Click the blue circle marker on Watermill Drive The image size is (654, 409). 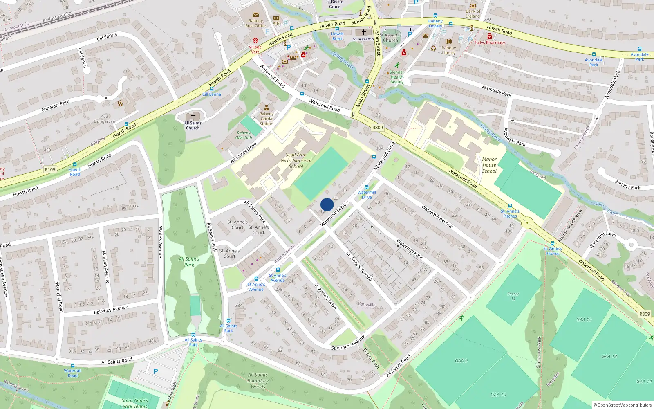pyautogui.click(x=327, y=204)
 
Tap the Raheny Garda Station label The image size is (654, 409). pyautogui.click(x=267, y=119)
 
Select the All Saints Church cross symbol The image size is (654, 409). pyautogui.click(x=193, y=117)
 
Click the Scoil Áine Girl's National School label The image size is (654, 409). pyautogui.click(x=296, y=160)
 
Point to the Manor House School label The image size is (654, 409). pyautogui.click(x=489, y=165)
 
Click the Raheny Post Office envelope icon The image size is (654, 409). pyautogui.click(x=256, y=15)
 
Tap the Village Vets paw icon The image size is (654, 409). pyautogui.click(x=255, y=40)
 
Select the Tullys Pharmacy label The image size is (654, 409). pyautogui.click(x=490, y=43)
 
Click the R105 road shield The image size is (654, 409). pyautogui.click(x=50, y=169)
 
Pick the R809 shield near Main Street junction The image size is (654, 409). pyautogui.click(x=378, y=128)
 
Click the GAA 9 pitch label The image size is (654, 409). pyautogui.click(x=461, y=361)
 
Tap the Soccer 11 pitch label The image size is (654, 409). pyautogui.click(x=513, y=296)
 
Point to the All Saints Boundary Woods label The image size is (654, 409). pyautogui.click(x=258, y=380)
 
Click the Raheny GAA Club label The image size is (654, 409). pyautogui.click(x=244, y=135)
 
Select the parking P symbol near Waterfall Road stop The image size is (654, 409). pyautogui.click(x=155, y=371)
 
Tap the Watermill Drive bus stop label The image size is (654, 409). pyautogui.click(x=367, y=195)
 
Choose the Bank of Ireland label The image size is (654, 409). pyautogui.click(x=473, y=14)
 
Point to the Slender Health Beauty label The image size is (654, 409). pyautogui.click(x=396, y=77)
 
